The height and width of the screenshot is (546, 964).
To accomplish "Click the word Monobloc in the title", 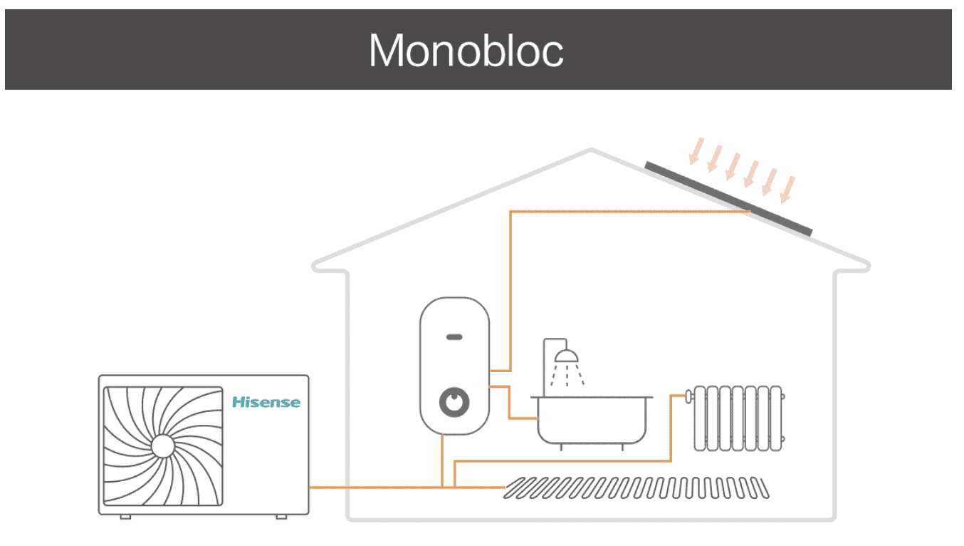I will [x=466, y=51].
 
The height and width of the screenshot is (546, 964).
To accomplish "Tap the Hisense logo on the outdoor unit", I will [x=266, y=402].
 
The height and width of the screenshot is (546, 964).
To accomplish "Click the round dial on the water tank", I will [x=455, y=402].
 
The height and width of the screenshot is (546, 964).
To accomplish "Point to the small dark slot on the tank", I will [x=454, y=336].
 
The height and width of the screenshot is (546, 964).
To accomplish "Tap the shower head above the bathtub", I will [x=567, y=356].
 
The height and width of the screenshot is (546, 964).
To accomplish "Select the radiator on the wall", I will [x=738, y=418].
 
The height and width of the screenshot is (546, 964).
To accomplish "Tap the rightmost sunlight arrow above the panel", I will [x=787, y=189].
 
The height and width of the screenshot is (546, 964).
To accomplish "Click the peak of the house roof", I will [x=591, y=150].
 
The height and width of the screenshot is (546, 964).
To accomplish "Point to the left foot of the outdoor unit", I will [x=125, y=515].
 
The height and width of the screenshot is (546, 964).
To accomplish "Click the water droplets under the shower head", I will [x=567, y=374].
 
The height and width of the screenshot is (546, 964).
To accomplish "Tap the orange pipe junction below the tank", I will [x=443, y=488].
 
